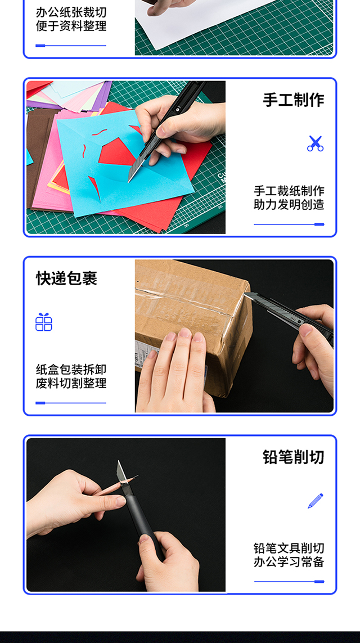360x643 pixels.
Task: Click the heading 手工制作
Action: [x=294, y=100]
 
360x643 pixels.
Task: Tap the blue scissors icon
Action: [x=316, y=143]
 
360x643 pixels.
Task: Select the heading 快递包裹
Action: [x=66, y=278]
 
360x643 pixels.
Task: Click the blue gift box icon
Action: [x=44, y=322]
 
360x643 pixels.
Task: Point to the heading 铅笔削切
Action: [x=294, y=457]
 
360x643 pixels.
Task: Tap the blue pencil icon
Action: [x=316, y=501]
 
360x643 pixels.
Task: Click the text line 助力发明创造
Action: [x=289, y=205]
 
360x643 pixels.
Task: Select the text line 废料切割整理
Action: [x=71, y=384]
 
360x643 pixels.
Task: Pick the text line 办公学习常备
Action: [x=289, y=562]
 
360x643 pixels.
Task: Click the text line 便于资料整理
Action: [x=71, y=26]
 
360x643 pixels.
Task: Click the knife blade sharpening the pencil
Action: [x=122, y=474]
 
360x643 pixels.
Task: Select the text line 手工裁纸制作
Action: [x=289, y=191]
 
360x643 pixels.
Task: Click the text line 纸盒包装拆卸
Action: [x=71, y=370]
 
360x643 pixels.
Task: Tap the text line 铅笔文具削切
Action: [x=289, y=548]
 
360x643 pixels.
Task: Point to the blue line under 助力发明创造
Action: [x=289, y=224]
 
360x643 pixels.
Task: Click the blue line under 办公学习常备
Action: [x=289, y=582]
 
